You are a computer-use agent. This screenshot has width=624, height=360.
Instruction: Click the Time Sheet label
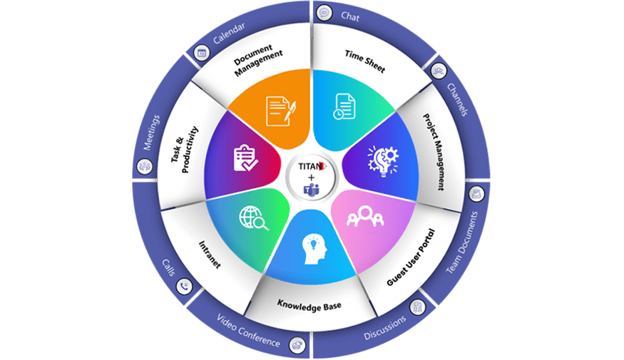pyautogui.click(x=364, y=61)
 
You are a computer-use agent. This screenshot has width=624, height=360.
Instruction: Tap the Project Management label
pyautogui.click(x=433, y=151)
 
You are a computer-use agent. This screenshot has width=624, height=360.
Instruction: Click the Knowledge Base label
pyautogui.click(x=310, y=305)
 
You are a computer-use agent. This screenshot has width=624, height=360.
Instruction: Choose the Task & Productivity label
pyautogui.click(x=185, y=152)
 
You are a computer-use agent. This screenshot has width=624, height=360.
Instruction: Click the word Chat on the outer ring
pyautogui.click(x=350, y=14)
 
